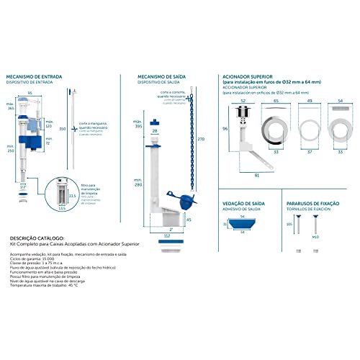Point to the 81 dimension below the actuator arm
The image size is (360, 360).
pos(257,174)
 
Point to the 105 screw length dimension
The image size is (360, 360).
pos(289,224)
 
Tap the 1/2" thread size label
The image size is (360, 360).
pos(23,186)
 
